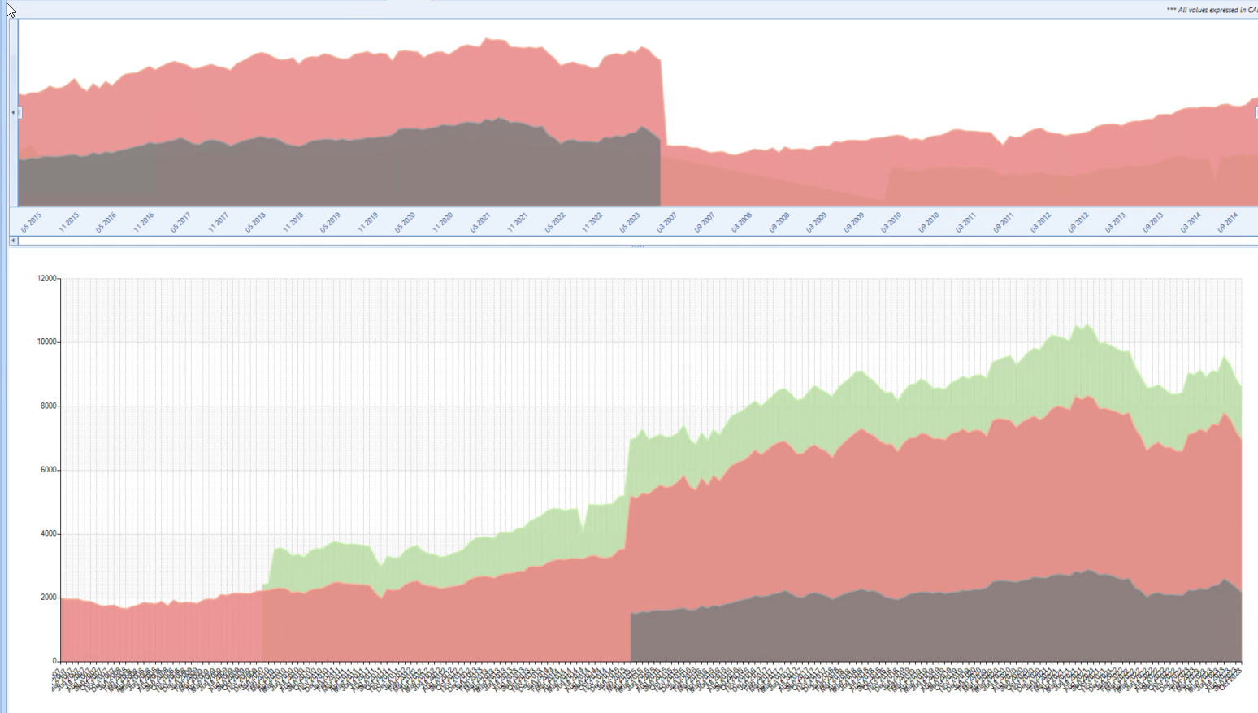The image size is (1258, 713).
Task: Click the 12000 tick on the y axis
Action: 47,279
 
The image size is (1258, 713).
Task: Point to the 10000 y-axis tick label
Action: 47,342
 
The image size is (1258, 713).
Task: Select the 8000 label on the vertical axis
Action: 49,406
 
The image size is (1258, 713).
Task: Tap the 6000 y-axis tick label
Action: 49,470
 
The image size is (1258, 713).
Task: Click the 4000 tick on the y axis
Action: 49,534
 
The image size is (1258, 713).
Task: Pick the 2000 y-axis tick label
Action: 49,598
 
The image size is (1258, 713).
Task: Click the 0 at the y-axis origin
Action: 55,661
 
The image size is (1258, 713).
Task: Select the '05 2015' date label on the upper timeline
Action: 31,223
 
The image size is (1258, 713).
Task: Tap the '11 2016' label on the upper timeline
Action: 143,223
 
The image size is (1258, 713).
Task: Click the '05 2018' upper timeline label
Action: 255,223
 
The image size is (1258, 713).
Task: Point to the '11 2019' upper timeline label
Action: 367,223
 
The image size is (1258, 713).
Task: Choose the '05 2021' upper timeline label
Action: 479,223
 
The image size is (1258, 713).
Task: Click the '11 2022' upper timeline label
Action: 592,223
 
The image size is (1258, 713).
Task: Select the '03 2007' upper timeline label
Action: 666,223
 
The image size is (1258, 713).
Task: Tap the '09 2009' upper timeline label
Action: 853,223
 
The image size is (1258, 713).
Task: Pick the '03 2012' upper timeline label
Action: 1040,223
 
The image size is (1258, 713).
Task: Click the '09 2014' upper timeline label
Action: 1227,223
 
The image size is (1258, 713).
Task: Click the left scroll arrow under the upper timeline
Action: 13,241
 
